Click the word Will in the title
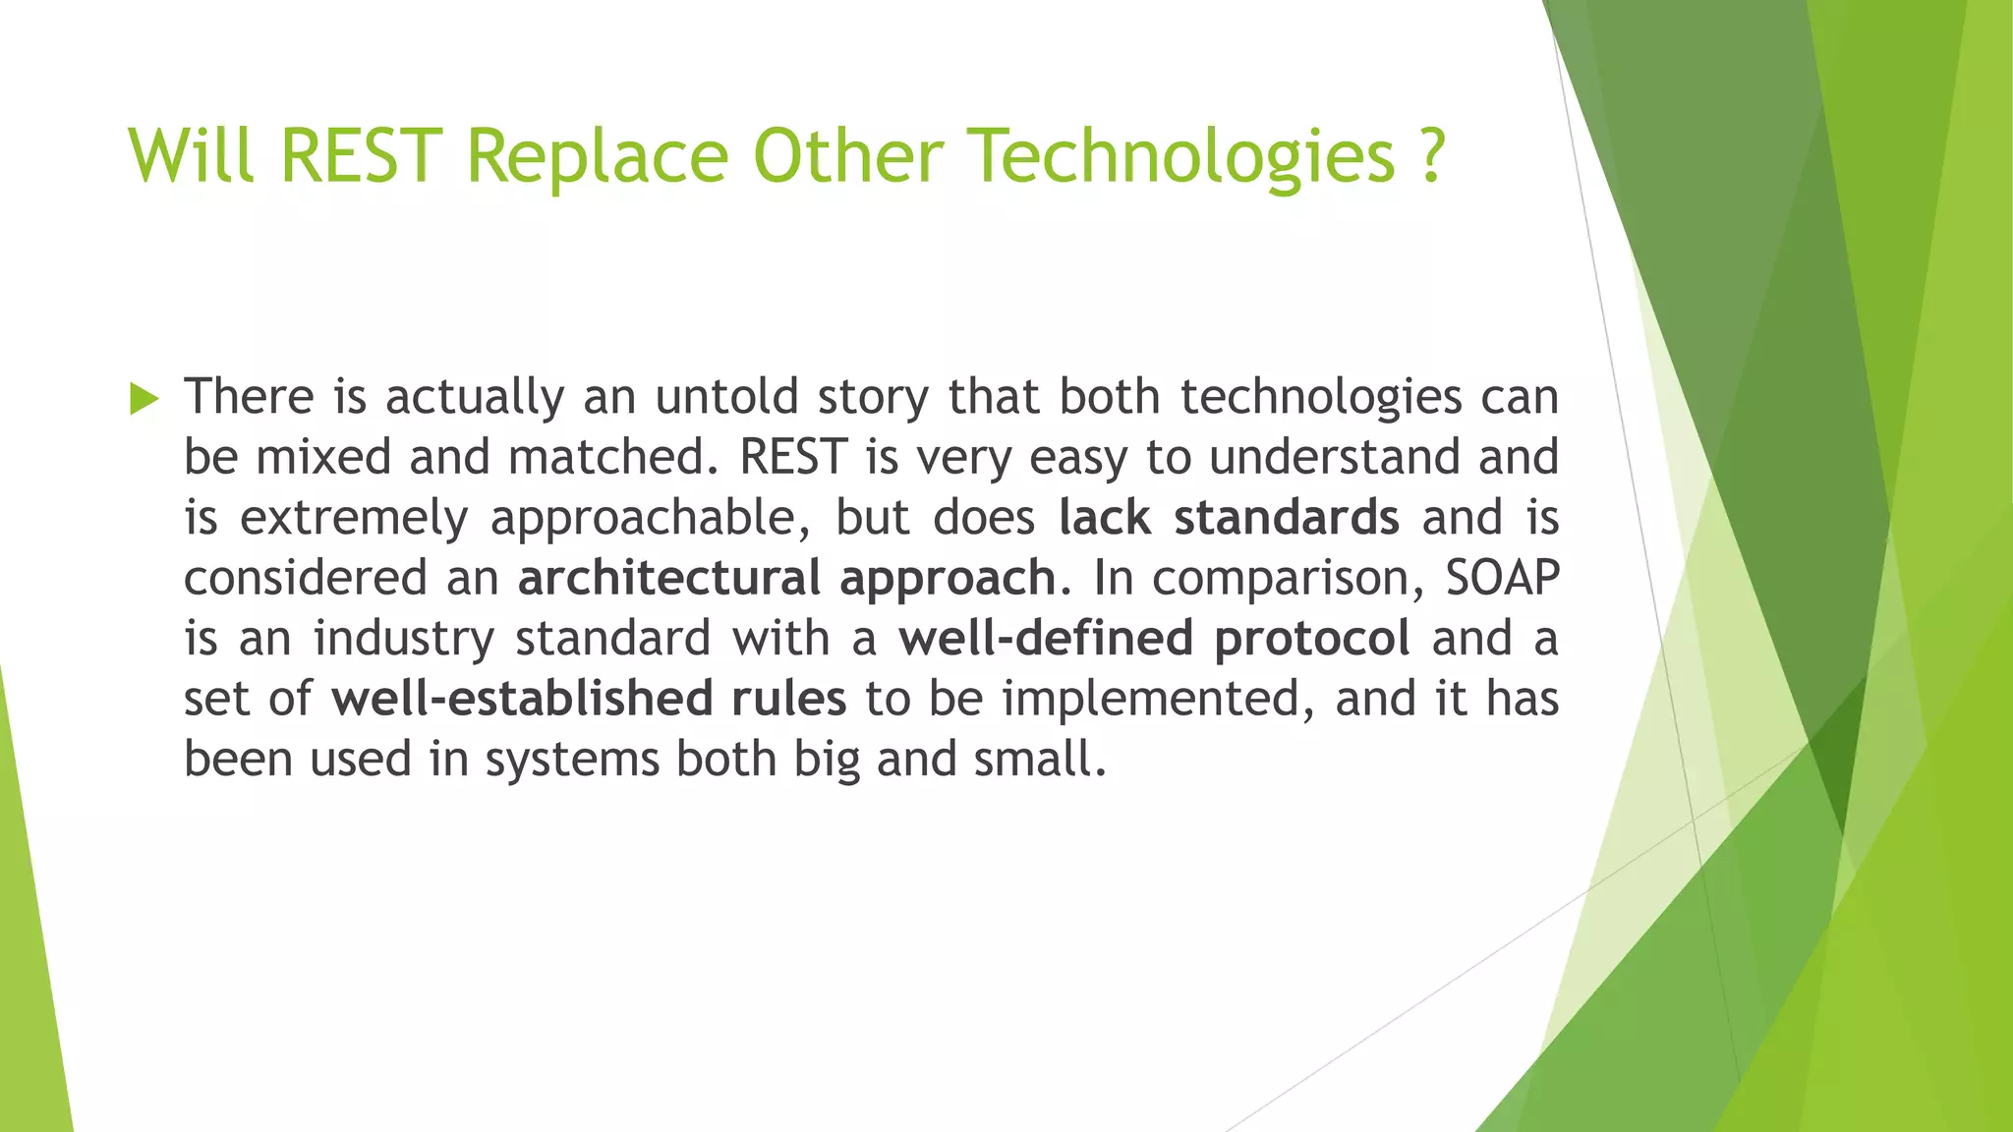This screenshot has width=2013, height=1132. coord(192,155)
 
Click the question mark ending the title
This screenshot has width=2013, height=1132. coord(1432,155)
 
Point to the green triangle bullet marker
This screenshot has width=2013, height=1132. coord(144,399)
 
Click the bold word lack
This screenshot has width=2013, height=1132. coord(1104,518)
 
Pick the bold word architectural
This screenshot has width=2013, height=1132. coord(668,578)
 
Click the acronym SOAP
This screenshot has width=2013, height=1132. coord(1502,578)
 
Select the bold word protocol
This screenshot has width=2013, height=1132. coord(1312,639)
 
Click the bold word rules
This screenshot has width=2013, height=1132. coord(788,699)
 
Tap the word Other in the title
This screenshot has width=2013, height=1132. coord(847,155)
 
